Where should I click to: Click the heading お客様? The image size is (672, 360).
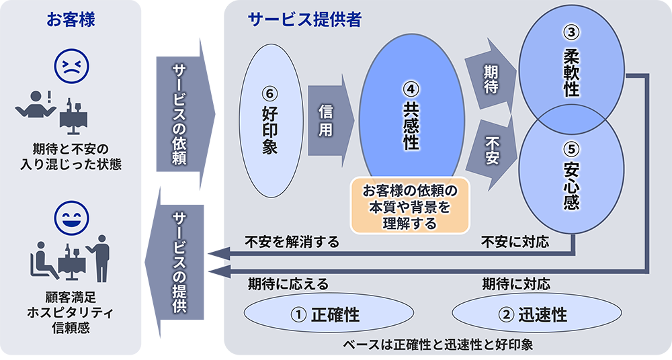click(x=71, y=19)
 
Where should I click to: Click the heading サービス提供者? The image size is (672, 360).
click(x=304, y=19)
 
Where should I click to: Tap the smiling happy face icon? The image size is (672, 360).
click(x=71, y=217)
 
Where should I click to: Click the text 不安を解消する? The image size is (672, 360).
click(x=292, y=242)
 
